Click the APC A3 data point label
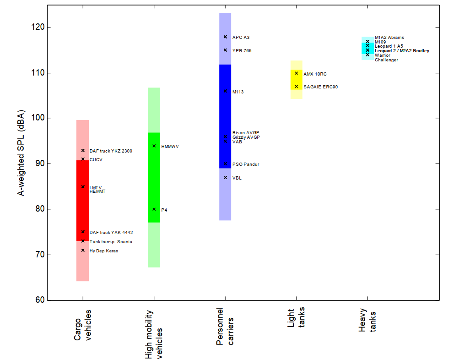click(x=241, y=37)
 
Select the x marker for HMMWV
click(x=154, y=146)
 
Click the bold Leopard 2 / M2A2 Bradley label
click(x=402, y=51)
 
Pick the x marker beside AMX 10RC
click(x=297, y=73)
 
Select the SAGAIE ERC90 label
click(x=320, y=87)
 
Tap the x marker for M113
click(x=225, y=91)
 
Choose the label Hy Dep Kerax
click(x=103, y=251)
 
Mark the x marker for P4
click(x=154, y=209)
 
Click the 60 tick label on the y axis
click(x=40, y=300)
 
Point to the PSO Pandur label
click(x=245, y=164)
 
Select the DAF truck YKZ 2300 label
click(x=111, y=151)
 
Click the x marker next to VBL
click(x=225, y=178)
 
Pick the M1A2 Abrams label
click(x=389, y=38)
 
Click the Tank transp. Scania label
click(x=111, y=241)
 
